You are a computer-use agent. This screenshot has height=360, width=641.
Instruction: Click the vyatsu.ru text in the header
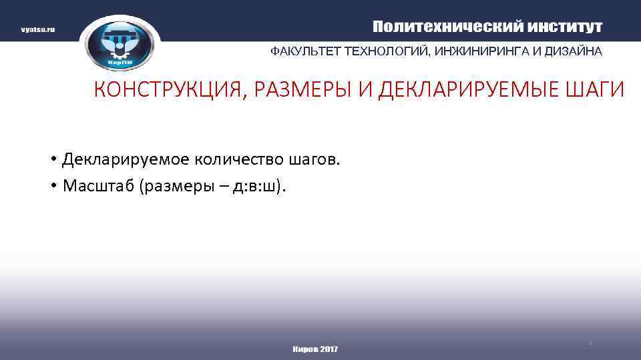(x=37, y=30)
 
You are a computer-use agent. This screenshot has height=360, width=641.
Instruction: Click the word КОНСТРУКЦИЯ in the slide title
(x=166, y=90)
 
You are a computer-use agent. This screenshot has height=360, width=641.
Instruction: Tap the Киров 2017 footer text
(x=315, y=349)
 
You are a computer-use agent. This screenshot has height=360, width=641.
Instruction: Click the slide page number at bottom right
(x=590, y=343)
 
